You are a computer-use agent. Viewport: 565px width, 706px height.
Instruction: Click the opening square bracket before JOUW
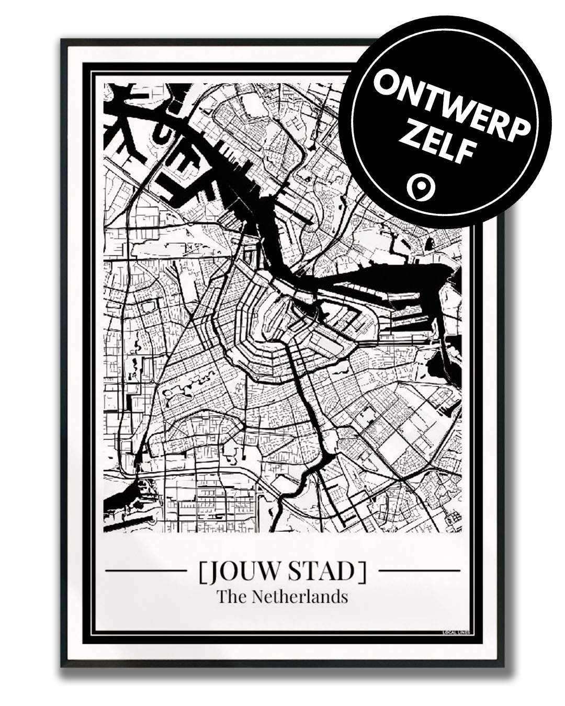tap(202, 572)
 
